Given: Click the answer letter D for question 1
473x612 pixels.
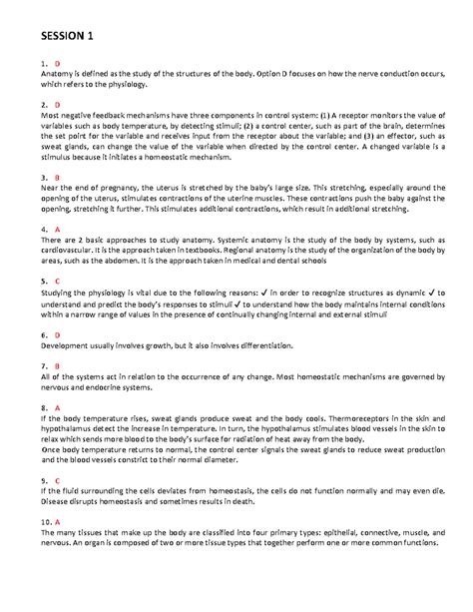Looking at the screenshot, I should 58,63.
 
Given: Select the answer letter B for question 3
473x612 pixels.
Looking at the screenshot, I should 58,177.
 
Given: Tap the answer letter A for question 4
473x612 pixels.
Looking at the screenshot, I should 58,229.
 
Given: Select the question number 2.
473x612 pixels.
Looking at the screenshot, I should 44,104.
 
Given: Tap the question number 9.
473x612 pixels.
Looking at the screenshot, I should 44,479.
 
